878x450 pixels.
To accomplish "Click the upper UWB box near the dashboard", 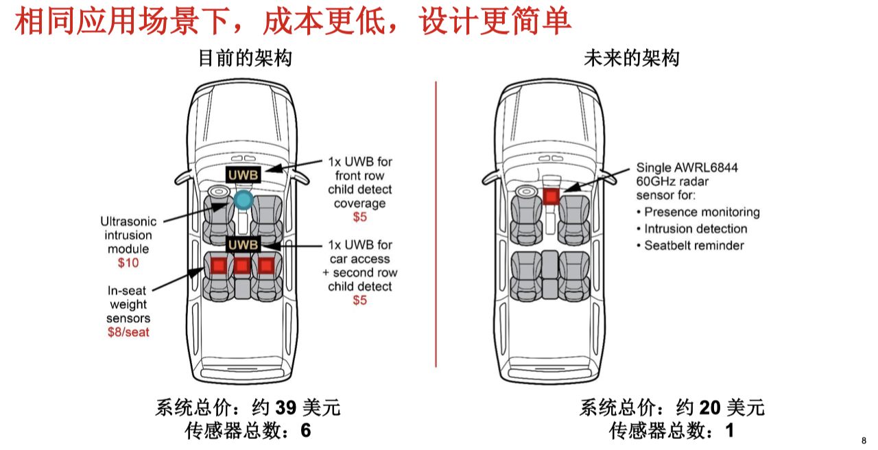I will [244, 175].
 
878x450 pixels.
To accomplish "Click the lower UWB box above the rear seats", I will [244, 245].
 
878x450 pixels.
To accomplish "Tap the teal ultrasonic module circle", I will [243, 200].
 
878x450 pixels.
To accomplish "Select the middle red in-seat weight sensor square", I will [241, 265].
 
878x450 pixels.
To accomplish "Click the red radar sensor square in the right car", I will [551, 197].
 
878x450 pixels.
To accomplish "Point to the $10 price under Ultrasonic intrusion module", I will [129, 263].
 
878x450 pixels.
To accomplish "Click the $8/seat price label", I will [128, 333].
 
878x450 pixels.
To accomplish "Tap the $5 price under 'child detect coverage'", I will [359, 217].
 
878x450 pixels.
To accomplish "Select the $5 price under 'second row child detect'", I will [359, 300].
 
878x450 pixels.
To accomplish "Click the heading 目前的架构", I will [245, 59].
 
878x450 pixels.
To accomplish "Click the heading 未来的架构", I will [632, 59].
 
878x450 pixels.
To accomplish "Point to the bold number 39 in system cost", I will [285, 408].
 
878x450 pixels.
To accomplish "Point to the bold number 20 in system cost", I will [709, 408].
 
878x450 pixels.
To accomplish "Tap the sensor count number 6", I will [306, 431].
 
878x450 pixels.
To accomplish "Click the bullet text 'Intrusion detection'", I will [696, 228].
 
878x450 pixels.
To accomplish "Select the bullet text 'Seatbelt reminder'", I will [693, 245].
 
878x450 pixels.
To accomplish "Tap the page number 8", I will [864, 440].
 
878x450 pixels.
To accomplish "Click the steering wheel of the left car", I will [219, 192].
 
